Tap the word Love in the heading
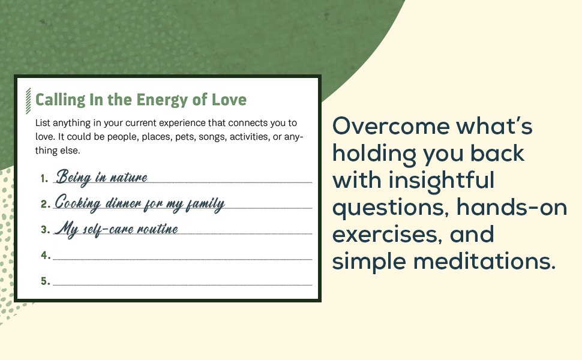coord(229,100)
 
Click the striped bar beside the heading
coord(28,101)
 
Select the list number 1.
coord(44,179)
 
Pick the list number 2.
coord(45,204)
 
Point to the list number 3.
coord(45,230)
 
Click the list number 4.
coord(46,256)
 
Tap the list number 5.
coord(45,281)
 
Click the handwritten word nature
coord(129,178)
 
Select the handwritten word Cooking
coord(78,203)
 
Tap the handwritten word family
coord(205,203)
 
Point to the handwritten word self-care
coord(106,229)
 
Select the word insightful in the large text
coord(442,181)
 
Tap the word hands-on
coord(511,207)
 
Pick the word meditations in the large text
coord(484,261)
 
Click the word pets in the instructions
coord(185,137)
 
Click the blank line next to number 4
coord(182,259)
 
